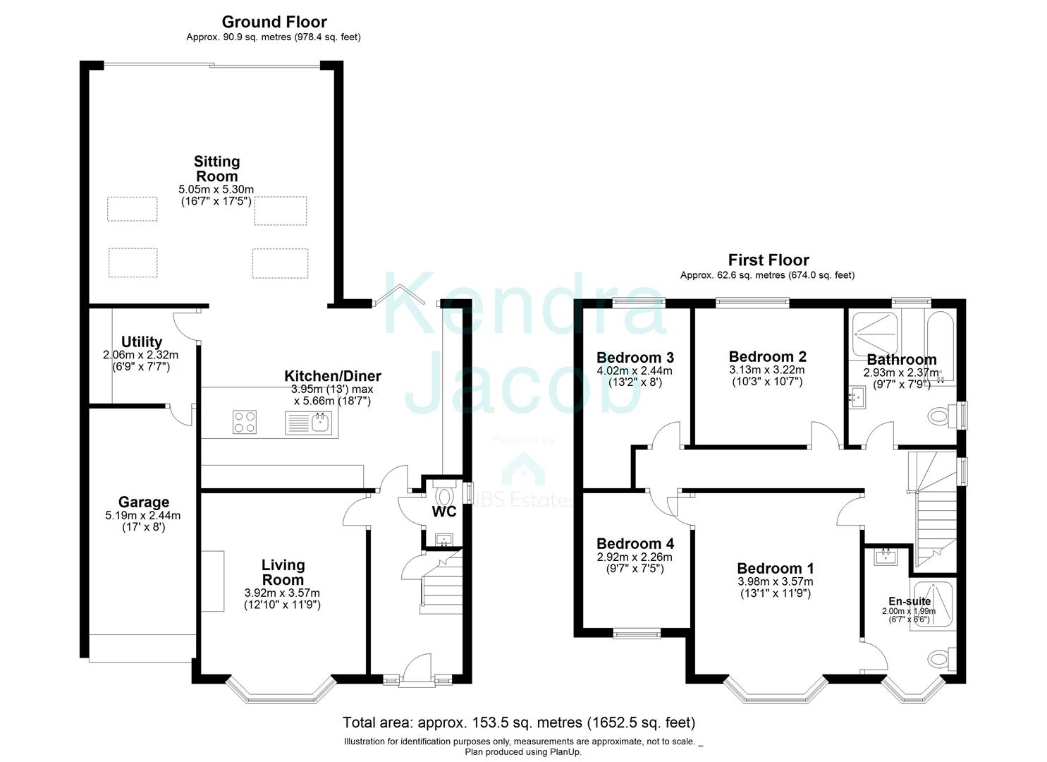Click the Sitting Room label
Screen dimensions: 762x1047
(216, 169)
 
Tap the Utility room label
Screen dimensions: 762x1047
(141, 342)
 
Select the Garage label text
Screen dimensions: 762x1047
(143, 502)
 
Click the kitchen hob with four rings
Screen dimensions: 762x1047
(245, 422)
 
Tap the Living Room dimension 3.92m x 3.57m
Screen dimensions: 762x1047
(282, 593)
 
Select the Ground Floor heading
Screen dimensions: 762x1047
(274, 22)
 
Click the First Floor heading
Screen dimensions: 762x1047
(768, 260)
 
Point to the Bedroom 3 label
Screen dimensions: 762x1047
(635, 357)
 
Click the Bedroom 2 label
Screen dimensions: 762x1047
(767, 357)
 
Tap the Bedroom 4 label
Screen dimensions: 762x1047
(635, 544)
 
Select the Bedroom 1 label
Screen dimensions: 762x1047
(775, 569)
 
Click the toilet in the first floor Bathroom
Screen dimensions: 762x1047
(938, 416)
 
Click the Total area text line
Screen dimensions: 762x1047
(519, 722)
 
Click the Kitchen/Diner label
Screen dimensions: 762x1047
(332, 376)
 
